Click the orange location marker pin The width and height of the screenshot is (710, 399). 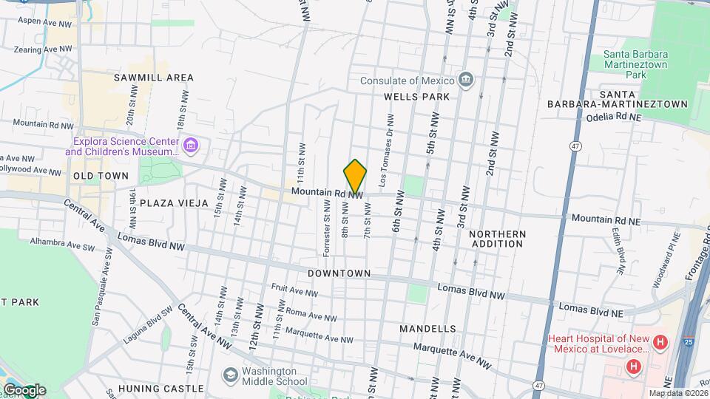point(355,177)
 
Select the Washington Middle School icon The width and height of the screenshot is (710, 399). point(230,376)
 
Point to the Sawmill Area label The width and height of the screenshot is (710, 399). point(154,78)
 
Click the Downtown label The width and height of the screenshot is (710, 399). point(339,273)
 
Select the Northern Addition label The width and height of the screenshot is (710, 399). point(497,239)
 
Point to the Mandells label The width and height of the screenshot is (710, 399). point(427,327)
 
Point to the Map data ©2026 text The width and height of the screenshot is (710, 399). point(677,393)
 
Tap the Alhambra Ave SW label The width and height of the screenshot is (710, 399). point(61,241)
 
